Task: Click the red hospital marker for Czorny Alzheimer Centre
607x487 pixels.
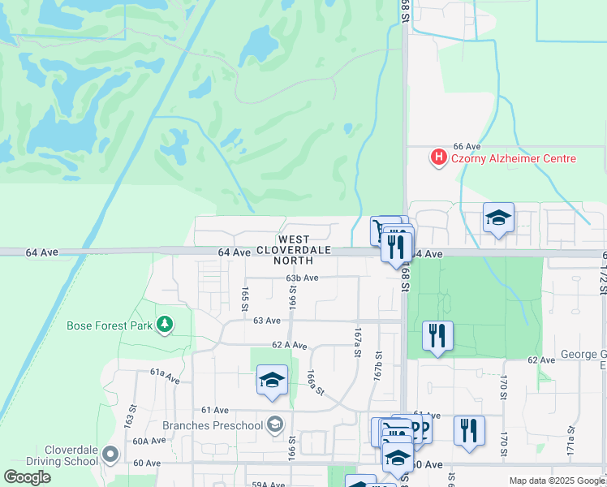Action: tap(439, 157)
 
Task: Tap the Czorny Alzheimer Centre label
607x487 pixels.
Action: tap(513, 158)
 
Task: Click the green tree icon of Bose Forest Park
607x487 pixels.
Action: tap(165, 325)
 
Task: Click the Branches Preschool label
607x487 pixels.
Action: tap(213, 425)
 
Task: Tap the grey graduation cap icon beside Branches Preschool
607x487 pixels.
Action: tap(276, 425)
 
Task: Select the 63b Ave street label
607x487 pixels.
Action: tap(301, 278)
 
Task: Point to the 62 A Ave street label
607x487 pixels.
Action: tap(290, 345)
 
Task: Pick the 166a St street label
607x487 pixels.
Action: tap(315, 381)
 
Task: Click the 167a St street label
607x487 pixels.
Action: tap(356, 343)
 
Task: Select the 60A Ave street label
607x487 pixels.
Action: tap(149, 441)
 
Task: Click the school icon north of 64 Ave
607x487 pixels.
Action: tap(498, 218)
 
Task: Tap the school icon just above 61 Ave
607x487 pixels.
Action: tap(272, 380)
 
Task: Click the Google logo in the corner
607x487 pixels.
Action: tap(28, 476)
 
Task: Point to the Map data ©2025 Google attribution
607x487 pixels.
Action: tap(556, 481)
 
